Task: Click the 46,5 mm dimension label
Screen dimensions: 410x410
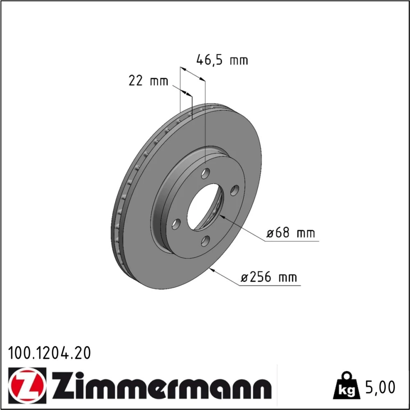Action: (222, 60)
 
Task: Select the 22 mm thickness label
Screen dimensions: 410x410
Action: (148, 81)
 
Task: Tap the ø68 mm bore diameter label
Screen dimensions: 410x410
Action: (291, 232)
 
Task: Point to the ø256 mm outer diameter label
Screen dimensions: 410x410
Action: (269, 277)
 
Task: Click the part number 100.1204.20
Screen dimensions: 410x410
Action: (50, 353)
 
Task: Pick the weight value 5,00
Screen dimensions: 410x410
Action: (380, 387)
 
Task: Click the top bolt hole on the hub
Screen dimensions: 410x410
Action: (205, 173)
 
